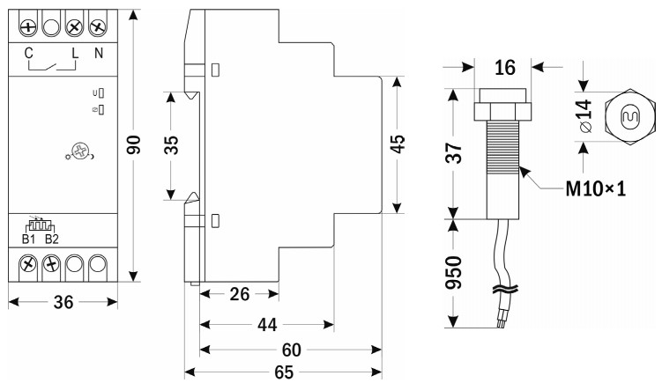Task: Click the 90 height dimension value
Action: [134, 144]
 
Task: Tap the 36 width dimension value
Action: [63, 302]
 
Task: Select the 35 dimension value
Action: [171, 145]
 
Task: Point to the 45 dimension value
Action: [398, 144]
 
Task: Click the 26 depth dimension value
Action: [240, 294]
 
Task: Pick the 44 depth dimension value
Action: [267, 325]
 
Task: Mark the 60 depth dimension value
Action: [291, 350]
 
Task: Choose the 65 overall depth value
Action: [284, 372]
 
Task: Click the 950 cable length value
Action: [454, 272]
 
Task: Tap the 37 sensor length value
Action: [454, 153]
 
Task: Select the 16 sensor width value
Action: [505, 68]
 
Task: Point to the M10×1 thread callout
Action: [595, 189]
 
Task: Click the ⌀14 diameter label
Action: [585, 116]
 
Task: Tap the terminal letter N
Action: [99, 54]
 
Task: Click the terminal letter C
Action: [28, 54]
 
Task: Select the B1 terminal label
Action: [29, 239]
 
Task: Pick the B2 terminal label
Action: [51, 239]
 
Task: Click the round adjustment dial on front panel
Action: [79, 151]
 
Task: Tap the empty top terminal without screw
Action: [51, 28]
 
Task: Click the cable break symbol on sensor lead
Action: [505, 290]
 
